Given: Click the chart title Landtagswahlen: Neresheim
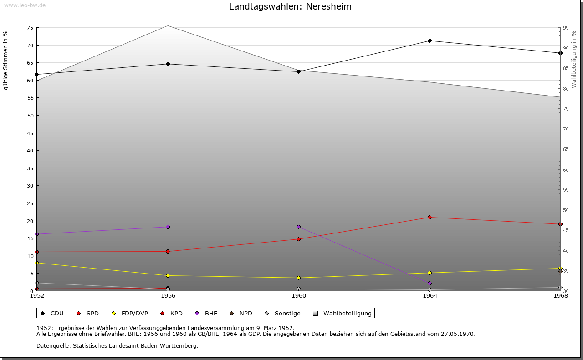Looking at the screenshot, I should coord(290,7).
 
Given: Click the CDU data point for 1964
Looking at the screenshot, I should coord(430,41).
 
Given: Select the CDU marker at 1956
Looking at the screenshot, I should coord(168,64).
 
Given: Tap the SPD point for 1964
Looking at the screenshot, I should coord(430,217).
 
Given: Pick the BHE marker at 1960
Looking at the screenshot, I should coord(299,227).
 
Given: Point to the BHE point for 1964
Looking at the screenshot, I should coord(430,284).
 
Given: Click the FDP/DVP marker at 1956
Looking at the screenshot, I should coord(168,275).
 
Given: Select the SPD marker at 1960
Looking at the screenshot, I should coord(299,239).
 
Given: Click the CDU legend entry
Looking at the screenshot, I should coord(52,314).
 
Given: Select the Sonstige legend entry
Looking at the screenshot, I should coord(282,314).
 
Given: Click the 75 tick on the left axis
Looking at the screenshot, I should coord(30,28).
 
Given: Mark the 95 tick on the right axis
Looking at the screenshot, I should coord(566,28).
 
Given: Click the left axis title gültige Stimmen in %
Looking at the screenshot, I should coord(6,60).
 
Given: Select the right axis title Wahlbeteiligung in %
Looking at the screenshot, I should coord(574,59).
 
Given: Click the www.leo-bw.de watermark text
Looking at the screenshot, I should coord(24,5).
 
